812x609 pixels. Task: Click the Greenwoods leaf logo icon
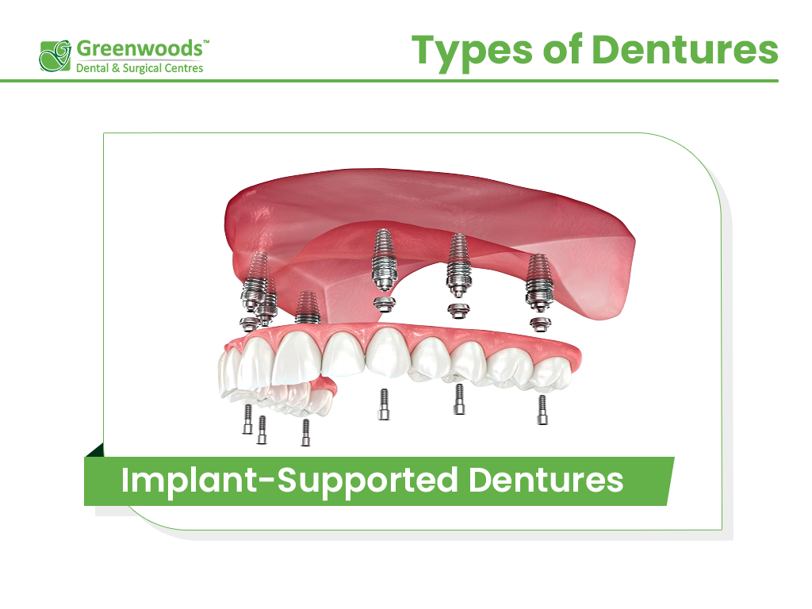(x=56, y=56)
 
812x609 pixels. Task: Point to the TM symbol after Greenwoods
(x=207, y=41)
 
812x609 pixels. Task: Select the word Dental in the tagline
(x=93, y=68)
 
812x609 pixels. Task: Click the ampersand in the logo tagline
(x=117, y=68)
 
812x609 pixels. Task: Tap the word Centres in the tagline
(x=185, y=68)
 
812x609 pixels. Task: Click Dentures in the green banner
(x=546, y=481)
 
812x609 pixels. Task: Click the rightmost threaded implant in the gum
(x=538, y=278)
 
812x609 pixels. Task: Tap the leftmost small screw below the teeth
(x=247, y=419)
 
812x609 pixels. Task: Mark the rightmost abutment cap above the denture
(x=540, y=324)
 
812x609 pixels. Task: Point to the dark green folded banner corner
(x=94, y=450)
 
